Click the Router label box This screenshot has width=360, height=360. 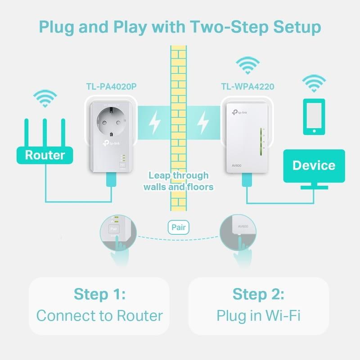pos(45,155)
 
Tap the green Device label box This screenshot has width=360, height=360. pos(314,166)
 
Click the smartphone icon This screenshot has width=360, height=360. pos(314,117)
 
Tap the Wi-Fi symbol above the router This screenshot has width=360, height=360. pos(45,98)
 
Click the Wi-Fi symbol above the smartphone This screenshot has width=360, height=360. pos(314,83)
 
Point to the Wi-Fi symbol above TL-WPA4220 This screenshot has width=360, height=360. pos(247,65)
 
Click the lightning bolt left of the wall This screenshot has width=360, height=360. pos(155,122)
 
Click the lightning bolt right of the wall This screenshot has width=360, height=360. pos(204,122)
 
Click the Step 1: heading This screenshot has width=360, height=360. pos(99,294)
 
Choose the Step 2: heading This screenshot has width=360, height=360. pos(258,294)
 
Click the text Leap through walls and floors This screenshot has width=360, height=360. pos(178,181)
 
